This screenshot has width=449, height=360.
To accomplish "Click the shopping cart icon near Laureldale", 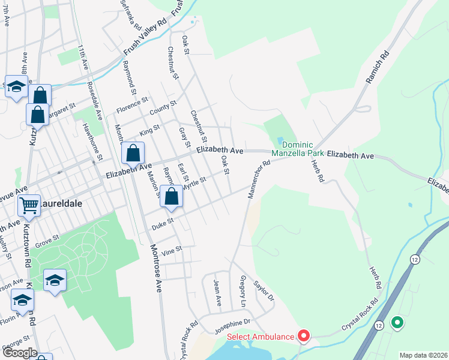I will click(29, 205).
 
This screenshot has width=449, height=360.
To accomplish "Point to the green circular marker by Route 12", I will click(396, 323).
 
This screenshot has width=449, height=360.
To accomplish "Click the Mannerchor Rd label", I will click(259, 172).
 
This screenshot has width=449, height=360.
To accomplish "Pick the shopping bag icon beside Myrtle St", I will click(172, 197).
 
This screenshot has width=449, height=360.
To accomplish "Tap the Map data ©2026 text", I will click(423, 355).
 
